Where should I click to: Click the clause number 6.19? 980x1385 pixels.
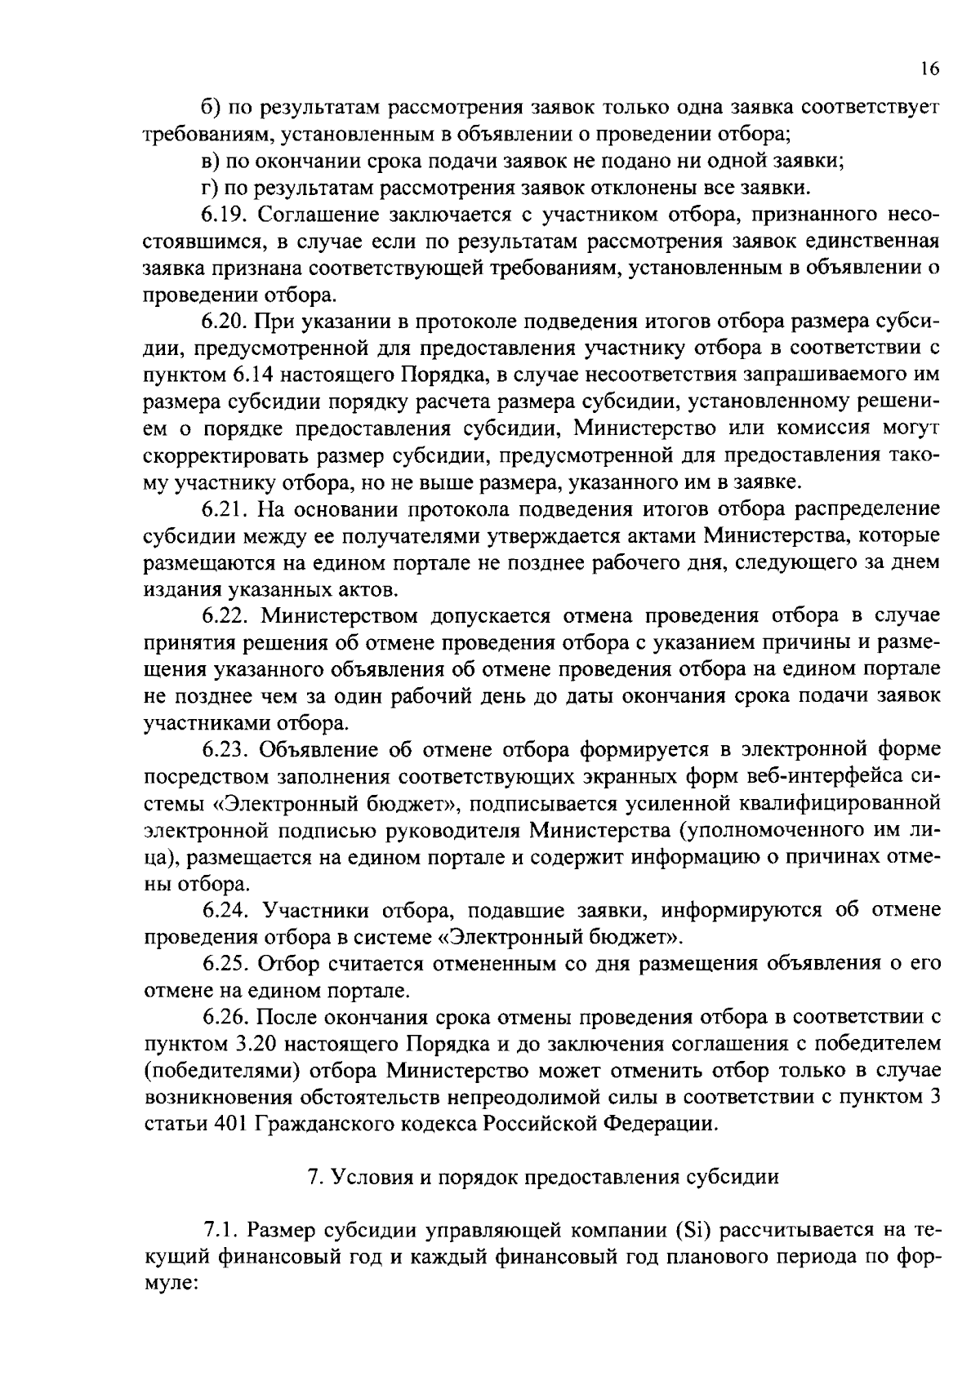pos(225,215)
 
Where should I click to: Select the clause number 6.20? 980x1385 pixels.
pos(225,322)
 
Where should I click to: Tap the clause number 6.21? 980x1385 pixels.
pos(225,509)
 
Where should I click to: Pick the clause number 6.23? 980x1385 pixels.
pos(225,749)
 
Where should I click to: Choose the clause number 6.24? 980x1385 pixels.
pos(225,910)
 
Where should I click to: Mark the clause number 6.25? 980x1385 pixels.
pos(225,964)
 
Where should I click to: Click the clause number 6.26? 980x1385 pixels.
pos(225,1017)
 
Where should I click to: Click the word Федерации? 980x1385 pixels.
pos(661,1124)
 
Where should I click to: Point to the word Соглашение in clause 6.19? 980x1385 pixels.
pos(312,215)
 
